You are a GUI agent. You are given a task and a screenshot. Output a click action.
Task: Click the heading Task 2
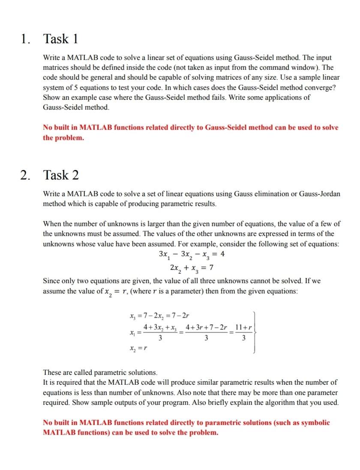click(x=61, y=175)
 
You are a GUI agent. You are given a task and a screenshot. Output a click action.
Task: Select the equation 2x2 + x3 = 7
click(x=192, y=268)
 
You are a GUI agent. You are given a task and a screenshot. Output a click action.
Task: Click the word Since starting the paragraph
click(x=52, y=281)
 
